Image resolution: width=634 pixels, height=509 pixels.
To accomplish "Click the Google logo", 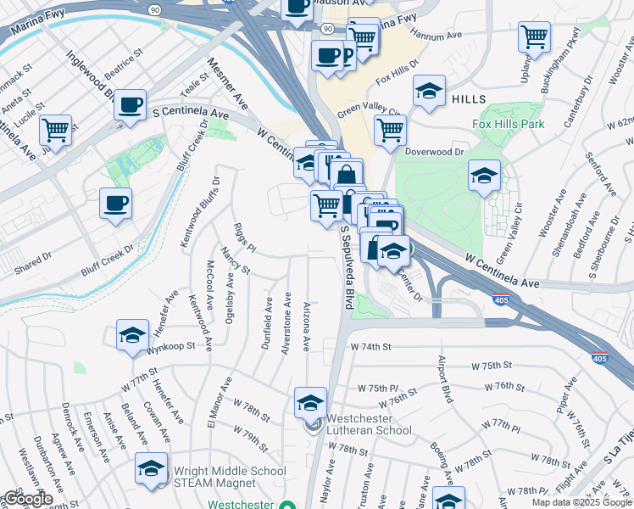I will tap(27, 499).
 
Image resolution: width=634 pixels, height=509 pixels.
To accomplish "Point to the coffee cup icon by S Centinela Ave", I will tap(130, 105).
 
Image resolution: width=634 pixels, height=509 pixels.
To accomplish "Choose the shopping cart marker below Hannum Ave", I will tap(534, 37).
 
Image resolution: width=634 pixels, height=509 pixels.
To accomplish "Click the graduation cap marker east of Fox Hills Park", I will tap(484, 176).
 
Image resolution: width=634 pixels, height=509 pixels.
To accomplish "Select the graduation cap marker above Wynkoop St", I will tap(132, 335).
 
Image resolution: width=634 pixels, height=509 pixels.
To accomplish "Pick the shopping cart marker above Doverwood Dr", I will tap(390, 131).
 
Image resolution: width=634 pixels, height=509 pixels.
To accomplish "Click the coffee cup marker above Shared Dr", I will tap(116, 203).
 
